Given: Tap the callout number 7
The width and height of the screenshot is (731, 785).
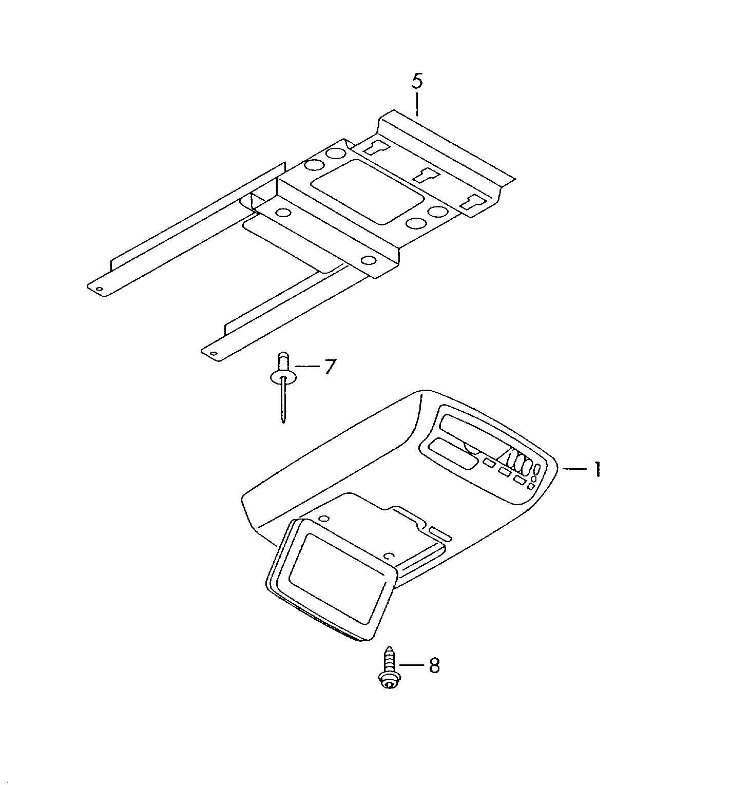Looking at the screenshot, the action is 330,367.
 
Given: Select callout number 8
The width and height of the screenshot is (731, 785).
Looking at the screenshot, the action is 434,666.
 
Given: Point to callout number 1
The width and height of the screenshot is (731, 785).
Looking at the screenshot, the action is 598,469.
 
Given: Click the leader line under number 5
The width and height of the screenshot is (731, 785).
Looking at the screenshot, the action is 417,104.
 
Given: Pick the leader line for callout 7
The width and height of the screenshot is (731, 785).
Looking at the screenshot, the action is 307,367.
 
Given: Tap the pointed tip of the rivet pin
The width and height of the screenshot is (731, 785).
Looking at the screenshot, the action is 283,422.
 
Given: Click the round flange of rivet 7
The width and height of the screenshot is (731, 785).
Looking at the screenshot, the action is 283,379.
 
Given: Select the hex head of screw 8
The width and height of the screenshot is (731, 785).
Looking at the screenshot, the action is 389,682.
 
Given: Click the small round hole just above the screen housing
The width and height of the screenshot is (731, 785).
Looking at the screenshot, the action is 323,519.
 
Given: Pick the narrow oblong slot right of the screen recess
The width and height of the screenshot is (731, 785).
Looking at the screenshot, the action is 441,534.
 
